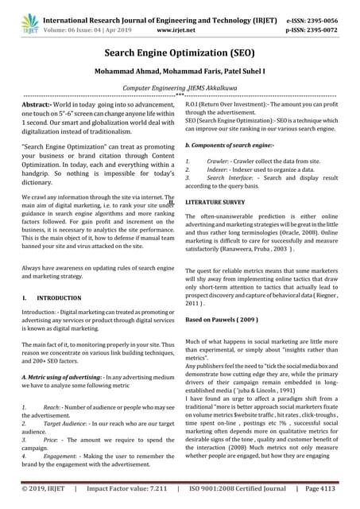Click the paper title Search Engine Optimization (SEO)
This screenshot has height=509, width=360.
[x=180, y=53]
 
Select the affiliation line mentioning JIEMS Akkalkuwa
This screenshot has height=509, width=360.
[x=180, y=91]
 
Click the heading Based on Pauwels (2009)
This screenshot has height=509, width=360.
[x=222, y=319]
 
